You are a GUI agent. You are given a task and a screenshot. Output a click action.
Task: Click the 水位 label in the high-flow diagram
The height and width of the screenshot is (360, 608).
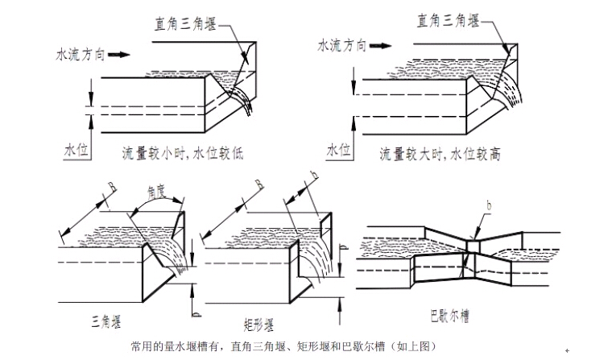pos(337,151)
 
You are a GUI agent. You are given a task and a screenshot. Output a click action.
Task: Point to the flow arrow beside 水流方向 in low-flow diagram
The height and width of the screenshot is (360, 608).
pos(118,55)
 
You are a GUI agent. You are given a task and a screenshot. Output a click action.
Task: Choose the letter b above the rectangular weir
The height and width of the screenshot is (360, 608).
pos(314,175)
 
